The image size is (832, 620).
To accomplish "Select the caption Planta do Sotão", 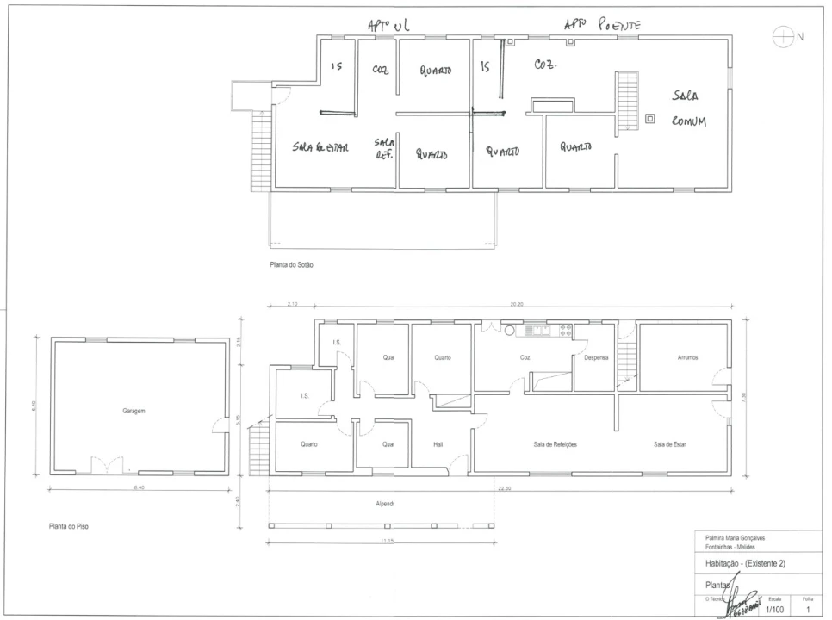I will tap(291, 264).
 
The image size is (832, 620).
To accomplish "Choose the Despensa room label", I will tap(597, 357).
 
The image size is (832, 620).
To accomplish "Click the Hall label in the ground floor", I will tap(438, 444).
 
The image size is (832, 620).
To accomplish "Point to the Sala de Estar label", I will tap(669, 444).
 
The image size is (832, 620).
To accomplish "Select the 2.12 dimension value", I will tap(294, 304).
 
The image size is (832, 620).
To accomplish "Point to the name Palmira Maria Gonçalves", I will tap(733, 538).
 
